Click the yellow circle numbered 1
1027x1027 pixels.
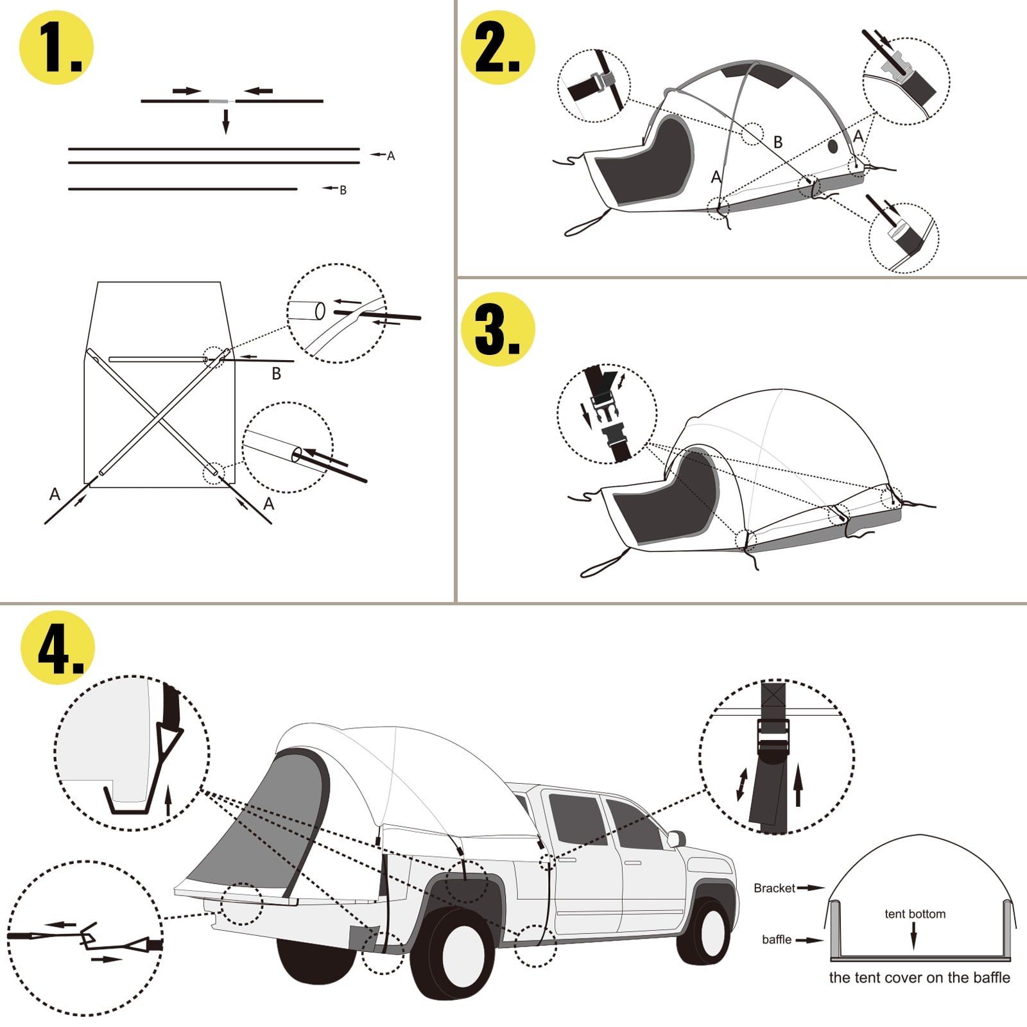pos(56,47)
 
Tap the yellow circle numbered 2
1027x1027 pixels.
pos(498,47)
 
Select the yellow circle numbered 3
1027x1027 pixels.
pos(498,329)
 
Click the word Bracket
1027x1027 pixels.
pos(774,888)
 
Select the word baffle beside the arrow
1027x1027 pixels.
pos(776,940)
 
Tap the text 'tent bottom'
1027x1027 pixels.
pos(915,914)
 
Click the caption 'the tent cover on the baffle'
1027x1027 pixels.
pos(919,978)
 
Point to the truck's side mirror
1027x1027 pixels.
pos(676,838)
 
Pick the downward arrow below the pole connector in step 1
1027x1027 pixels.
pos(225,121)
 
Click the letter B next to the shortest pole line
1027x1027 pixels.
pos(343,190)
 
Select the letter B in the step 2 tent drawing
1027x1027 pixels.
pos(778,142)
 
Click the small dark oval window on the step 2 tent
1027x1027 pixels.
pos(833,146)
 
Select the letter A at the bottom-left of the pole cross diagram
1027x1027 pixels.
pos(55,494)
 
